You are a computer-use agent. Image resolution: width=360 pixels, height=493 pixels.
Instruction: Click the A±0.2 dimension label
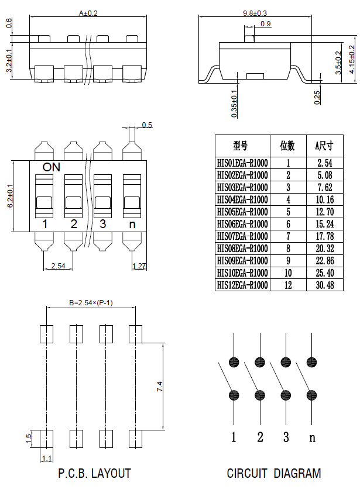point(89,13)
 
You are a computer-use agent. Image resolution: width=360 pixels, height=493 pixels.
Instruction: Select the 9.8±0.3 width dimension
point(255,13)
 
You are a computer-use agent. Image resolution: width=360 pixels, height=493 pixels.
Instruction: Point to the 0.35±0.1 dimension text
point(234,104)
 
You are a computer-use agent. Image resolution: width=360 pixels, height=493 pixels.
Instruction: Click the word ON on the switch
point(51,167)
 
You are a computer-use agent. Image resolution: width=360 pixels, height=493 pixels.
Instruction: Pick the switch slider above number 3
point(103,196)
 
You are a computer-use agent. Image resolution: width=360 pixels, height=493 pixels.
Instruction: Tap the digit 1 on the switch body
point(44,224)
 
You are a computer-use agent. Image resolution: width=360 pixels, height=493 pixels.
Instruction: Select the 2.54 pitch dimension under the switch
point(58,266)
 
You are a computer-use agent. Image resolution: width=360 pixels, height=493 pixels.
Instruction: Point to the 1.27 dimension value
point(139,266)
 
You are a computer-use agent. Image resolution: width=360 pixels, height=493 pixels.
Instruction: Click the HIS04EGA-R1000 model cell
point(242,199)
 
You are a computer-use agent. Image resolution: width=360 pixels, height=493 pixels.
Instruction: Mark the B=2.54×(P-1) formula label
point(91,303)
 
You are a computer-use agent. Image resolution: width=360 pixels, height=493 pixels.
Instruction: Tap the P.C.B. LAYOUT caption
point(94,473)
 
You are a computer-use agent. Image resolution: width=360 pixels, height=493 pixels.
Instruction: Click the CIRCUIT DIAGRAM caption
point(274,473)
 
